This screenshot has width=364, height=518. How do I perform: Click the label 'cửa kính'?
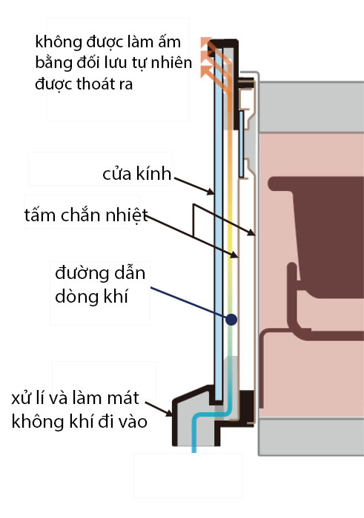pyautogui.click(x=136, y=174)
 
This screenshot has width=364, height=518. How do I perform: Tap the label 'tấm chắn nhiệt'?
pyautogui.click(x=86, y=215)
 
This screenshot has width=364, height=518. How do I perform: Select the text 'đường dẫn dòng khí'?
pyautogui.click(x=100, y=284)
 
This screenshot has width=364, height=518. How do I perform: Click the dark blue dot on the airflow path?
pyautogui.click(x=231, y=320)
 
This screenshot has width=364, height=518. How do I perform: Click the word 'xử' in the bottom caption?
pyautogui.click(x=20, y=398)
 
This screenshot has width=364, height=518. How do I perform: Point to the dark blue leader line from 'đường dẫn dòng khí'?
pyautogui.click(x=188, y=302)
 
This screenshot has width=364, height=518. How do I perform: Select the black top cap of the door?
pyautogui.click(x=225, y=43)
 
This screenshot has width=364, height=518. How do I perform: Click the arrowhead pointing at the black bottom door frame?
pyautogui.click(x=169, y=413)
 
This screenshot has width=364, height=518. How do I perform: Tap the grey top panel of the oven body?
pyautogui.click(x=311, y=107)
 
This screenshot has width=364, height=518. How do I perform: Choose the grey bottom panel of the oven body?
pyautogui.click(x=311, y=437)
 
